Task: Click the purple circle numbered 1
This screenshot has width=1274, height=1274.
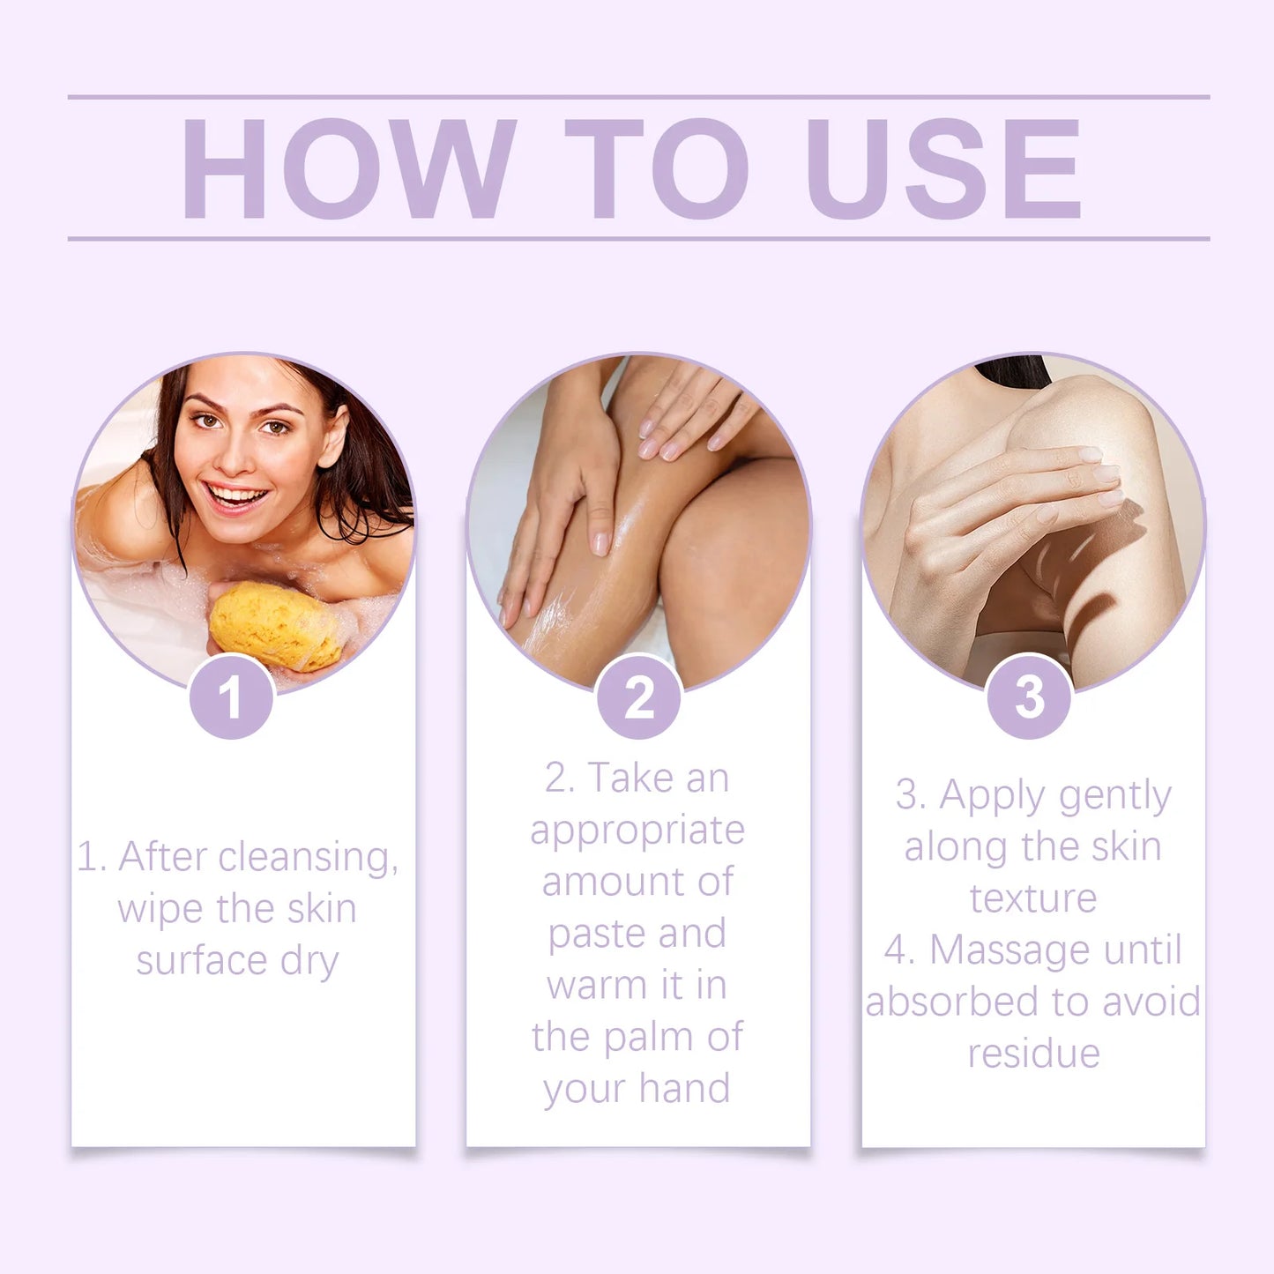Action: tap(232, 697)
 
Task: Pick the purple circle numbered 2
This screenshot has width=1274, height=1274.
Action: tap(638, 697)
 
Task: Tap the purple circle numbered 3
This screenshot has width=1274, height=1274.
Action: tap(1029, 697)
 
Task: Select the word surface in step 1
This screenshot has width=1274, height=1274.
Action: tap(202, 960)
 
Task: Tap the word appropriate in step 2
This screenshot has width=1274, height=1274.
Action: tap(637, 831)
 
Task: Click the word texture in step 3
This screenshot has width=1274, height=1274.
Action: tap(1033, 898)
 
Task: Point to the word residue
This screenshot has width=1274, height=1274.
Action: tap(1033, 1054)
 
